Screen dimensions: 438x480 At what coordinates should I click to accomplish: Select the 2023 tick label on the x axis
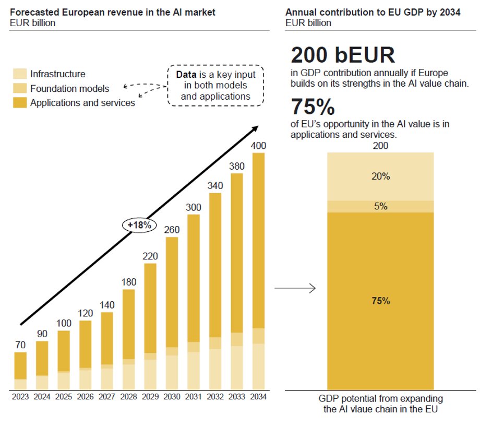20,397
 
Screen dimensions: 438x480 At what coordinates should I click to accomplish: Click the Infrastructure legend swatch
20,74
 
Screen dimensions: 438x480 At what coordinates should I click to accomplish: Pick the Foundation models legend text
69,89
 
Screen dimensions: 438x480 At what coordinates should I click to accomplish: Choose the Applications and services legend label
82,103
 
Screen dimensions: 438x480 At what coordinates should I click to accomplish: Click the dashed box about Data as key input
215,85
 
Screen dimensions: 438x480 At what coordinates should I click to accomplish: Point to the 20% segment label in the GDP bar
380,176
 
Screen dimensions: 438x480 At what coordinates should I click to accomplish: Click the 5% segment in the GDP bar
380,206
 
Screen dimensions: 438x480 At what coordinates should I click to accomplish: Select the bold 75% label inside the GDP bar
380,301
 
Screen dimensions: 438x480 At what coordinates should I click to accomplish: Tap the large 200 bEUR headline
342,55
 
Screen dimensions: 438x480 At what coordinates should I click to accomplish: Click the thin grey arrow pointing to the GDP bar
295,288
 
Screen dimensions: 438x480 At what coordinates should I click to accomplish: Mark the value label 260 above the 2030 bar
172,230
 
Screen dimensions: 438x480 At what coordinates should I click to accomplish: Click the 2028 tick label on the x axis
128,397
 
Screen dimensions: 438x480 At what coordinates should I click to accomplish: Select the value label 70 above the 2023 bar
20,345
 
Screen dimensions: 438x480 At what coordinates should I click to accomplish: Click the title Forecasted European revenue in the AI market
113,12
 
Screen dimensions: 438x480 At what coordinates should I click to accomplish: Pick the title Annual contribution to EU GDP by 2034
373,12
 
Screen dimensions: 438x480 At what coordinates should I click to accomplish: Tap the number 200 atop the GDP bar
380,146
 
